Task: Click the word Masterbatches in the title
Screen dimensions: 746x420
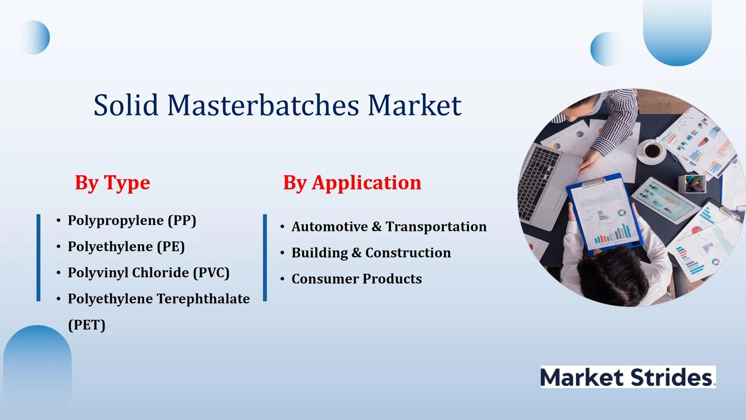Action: tap(263, 105)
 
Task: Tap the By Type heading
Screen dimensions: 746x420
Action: tap(113, 182)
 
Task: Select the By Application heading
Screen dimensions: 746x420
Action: tap(352, 182)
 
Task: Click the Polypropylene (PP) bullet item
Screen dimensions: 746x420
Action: tap(132, 220)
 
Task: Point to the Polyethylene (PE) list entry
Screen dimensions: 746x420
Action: tap(126, 247)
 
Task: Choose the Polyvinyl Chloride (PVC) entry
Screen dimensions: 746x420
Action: tap(149, 273)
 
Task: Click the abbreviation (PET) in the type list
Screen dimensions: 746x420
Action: tap(87, 325)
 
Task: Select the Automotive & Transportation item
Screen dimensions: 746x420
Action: tap(389, 227)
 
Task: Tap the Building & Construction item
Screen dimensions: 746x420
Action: tap(371, 253)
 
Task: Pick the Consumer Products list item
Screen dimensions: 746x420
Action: tap(357, 279)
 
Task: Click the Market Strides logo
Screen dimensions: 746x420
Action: tap(628, 377)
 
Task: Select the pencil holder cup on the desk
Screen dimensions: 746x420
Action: tap(692, 184)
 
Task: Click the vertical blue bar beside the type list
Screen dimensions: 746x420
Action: tap(38, 257)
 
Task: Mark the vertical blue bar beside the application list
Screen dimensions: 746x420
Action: tap(265, 257)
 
